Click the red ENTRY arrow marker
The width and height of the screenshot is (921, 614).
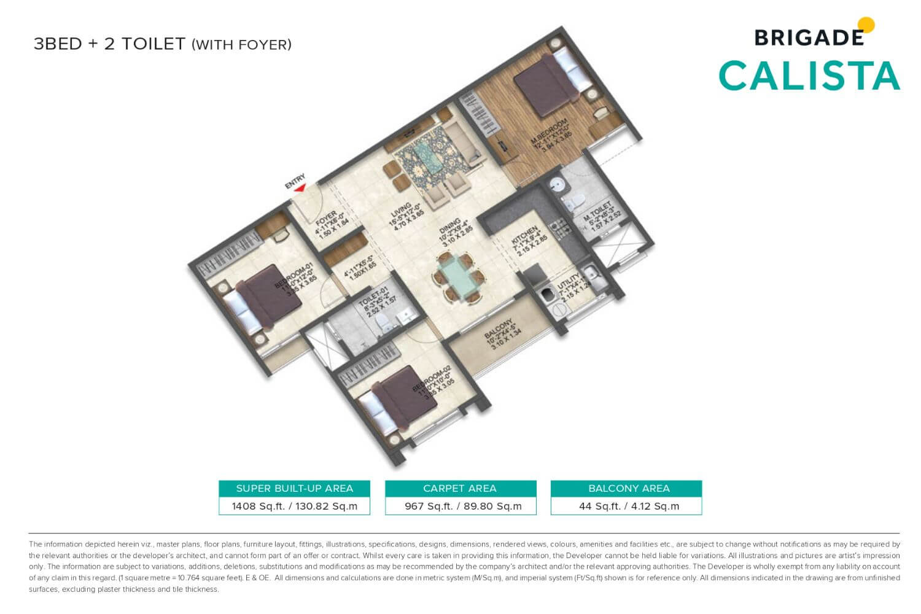(299, 188)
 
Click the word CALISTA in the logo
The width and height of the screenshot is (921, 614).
(809, 76)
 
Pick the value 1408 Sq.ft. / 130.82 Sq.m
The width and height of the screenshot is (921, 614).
(294, 506)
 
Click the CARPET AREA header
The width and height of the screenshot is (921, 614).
(460, 488)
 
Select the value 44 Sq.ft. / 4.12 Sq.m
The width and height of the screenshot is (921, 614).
(629, 506)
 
